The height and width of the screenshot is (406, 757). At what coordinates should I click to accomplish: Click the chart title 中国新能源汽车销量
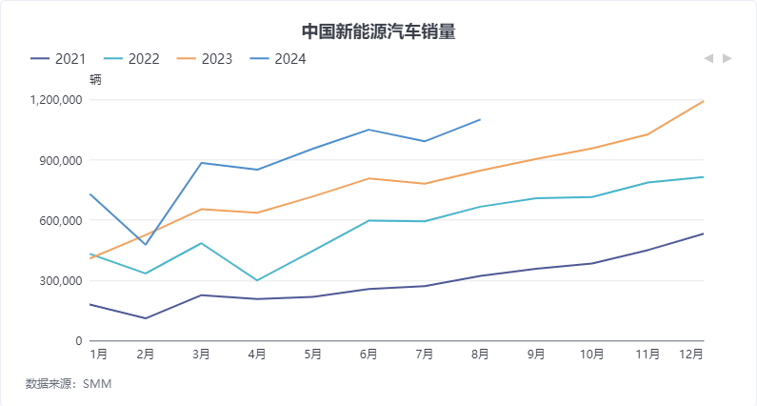[378, 31]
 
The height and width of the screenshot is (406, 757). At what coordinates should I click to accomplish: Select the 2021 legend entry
[58, 59]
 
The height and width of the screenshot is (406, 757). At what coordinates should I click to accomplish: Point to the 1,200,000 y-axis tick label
[57, 100]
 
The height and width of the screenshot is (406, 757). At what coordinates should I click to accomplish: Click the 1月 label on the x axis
[98, 355]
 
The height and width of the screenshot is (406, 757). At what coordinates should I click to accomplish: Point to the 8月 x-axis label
[480, 355]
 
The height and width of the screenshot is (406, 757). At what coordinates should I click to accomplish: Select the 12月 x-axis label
[692, 355]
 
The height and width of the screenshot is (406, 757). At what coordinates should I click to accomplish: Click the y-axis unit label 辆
[95, 80]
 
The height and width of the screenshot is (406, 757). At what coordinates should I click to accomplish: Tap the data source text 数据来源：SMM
[69, 384]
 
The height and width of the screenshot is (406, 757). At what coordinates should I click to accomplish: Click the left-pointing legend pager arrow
[708, 59]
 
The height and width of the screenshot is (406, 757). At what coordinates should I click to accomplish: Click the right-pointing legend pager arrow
[727, 59]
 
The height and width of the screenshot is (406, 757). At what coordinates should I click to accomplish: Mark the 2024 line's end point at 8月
[480, 119]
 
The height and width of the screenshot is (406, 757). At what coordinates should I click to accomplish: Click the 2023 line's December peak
[703, 101]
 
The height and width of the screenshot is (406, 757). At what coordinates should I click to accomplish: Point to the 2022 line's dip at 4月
[257, 280]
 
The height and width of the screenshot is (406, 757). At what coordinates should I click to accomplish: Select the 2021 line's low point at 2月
[146, 318]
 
